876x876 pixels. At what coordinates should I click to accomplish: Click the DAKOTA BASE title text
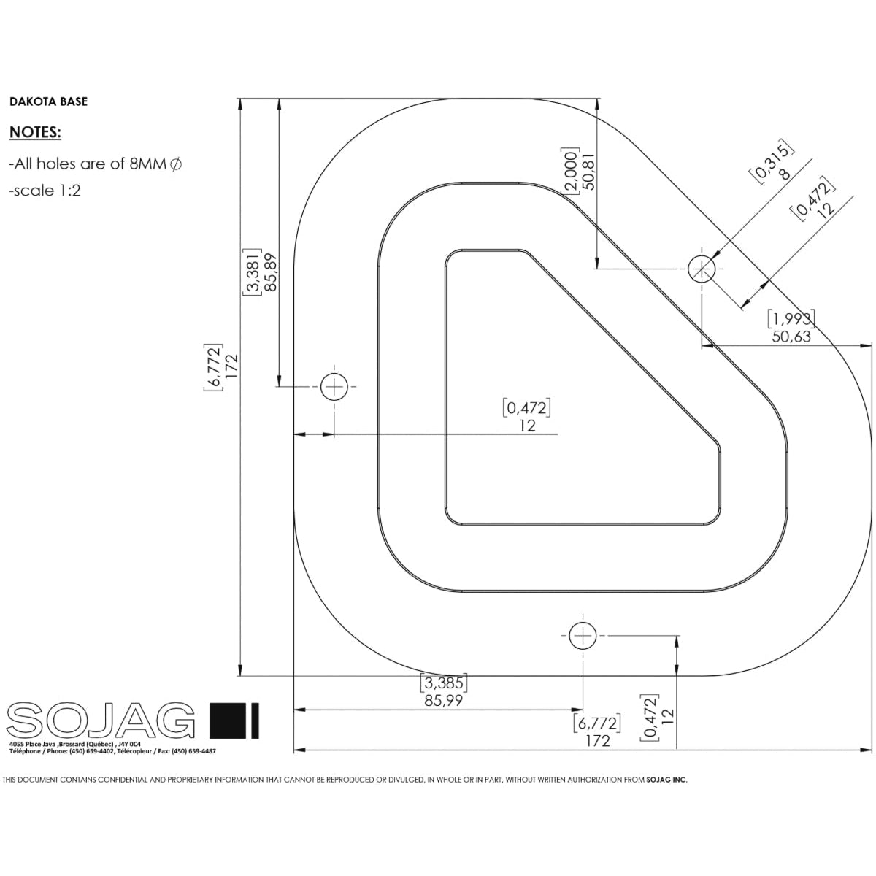coord(48,101)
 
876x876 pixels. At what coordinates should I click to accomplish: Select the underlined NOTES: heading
coord(35,133)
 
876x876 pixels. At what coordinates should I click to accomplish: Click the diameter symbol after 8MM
coord(176,164)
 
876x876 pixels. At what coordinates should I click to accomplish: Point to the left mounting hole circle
coord(334,386)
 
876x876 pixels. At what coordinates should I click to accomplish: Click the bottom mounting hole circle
coord(583,636)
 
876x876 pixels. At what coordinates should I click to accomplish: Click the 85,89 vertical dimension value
coord(271,272)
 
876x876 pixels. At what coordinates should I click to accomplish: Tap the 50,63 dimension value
coord(791,337)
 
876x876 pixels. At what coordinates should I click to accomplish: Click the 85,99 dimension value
coord(444,700)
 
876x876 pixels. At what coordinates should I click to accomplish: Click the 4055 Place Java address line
coord(74,744)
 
